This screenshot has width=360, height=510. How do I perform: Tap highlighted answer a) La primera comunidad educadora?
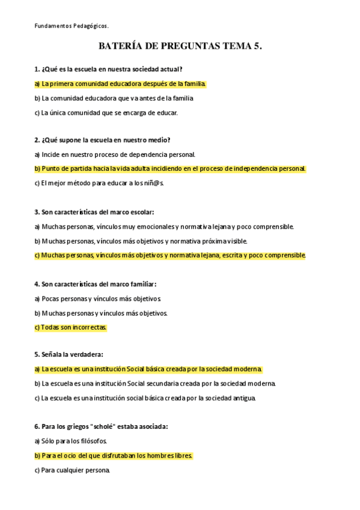click(x=120, y=84)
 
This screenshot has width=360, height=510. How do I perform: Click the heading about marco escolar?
click(x=94, y=212)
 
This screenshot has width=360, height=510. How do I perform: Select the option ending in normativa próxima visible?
click(x=141, y=241)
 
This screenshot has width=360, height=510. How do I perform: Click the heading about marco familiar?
click(x=96, y=284)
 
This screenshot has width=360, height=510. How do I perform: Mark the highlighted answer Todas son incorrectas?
click(x=70, y=327)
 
